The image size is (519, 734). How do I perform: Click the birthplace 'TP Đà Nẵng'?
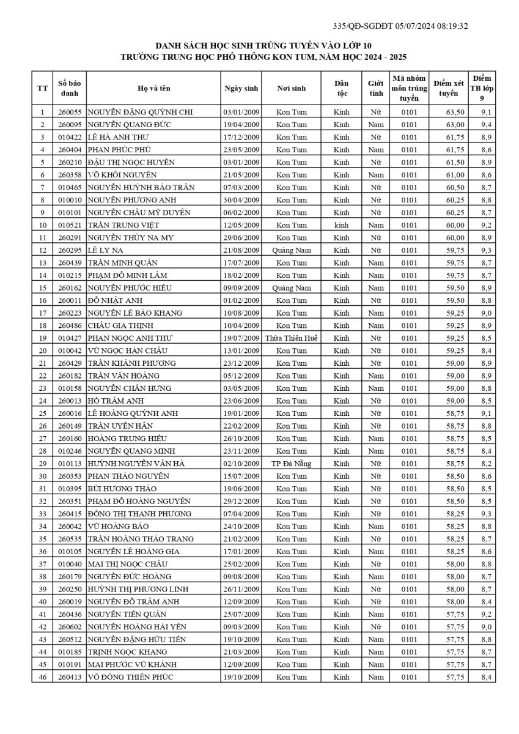(291, 464)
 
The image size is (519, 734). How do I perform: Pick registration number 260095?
(70, 125)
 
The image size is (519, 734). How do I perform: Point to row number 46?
(42, 677)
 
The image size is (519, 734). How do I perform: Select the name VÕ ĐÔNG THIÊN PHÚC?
(130, 677)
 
